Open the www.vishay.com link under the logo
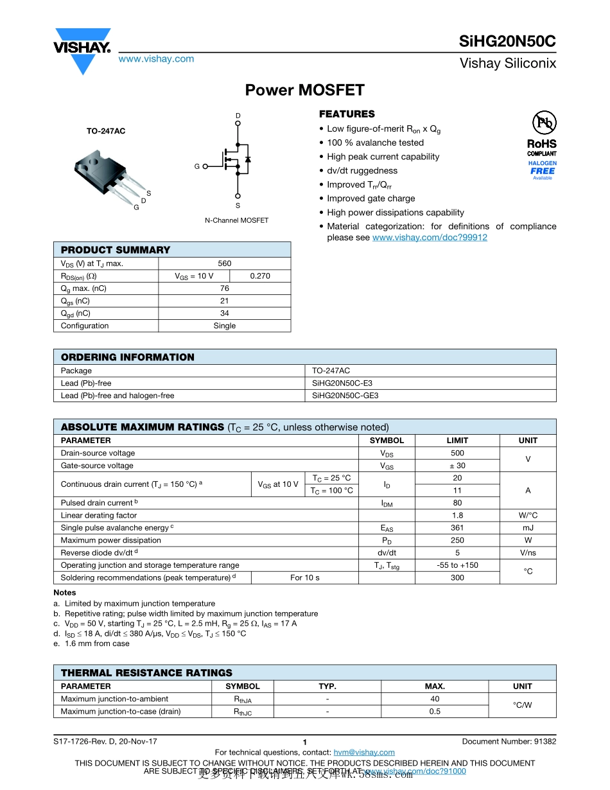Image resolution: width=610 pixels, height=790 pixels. pos(156,59)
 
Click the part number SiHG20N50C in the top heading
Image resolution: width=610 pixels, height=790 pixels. pos(507,42)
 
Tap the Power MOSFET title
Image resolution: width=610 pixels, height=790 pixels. pos(305,91)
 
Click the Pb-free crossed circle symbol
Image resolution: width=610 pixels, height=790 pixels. pos(543,123)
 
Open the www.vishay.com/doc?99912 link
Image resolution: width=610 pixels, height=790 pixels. pos(430,238)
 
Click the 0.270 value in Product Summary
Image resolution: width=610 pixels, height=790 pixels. pos(259,276)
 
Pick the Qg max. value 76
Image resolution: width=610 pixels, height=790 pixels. pos(225,288)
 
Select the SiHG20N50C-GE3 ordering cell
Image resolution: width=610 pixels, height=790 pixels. pos(345,396)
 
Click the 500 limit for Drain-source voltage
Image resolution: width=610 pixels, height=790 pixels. pos(457,453)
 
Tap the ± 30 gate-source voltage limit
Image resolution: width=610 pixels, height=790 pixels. pos(457,466)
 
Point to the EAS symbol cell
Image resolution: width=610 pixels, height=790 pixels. pos(387,528)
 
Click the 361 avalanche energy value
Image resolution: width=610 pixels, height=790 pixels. pos(457,528)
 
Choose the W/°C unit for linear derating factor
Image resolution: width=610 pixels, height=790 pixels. pos(528,516)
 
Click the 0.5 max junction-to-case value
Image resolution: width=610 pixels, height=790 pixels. pos(435,712)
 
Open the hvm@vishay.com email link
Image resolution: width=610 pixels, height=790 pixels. pos(364,753)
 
